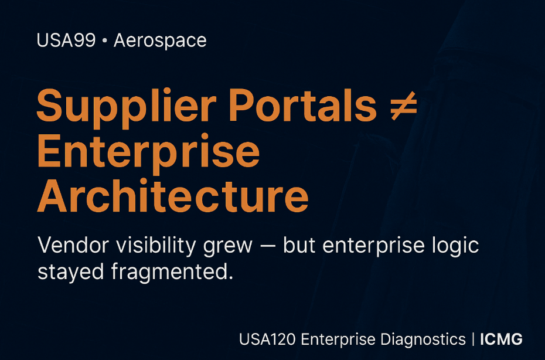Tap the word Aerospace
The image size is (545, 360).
(160, 41)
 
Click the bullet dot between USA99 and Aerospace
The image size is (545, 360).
(104, 42)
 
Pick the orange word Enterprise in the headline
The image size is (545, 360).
(148, 151)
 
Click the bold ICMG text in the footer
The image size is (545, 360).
(501, 339)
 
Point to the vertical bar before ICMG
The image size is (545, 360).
(472, 339)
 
